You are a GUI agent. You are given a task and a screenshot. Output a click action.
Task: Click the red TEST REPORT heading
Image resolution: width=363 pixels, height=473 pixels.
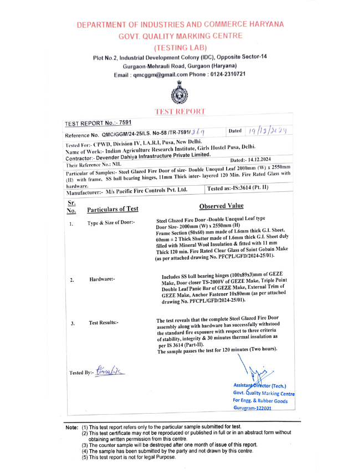click(180, 111)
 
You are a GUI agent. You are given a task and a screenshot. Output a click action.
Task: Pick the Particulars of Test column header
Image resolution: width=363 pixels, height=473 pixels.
click(113, 209)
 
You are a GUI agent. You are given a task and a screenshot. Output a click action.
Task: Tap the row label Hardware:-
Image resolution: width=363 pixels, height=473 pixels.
click(102, 279)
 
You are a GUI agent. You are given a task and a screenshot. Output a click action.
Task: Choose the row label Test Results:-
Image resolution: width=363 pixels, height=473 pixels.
click(104, 322)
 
